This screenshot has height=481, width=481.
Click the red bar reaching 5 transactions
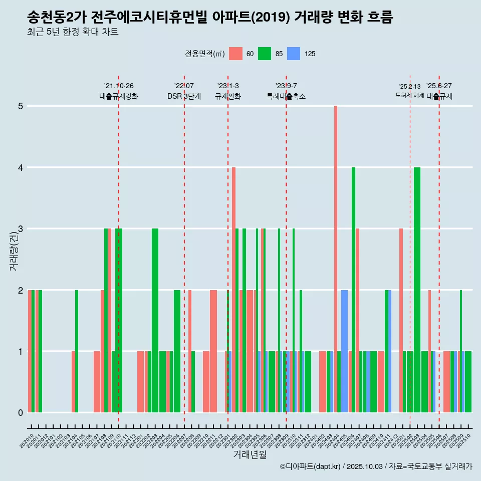tap(336, 259)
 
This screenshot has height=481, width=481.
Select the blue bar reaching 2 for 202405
tap(344, 351)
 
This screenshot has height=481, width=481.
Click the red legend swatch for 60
tap(235, 54)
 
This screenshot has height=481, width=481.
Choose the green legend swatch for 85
tap(265, 54)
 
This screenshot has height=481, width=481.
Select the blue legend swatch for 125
tap(294, 54)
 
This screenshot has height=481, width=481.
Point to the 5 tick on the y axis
tap(21, 106)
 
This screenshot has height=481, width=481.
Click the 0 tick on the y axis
tap(21, 413)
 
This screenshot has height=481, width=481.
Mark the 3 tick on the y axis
tap(21, 229)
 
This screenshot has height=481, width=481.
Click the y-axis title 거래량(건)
tap(14, 251)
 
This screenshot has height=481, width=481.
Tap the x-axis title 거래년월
tap(250, 454)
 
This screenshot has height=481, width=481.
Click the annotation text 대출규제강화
tap(119, 96)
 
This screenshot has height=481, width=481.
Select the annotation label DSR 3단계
tap(184, 96)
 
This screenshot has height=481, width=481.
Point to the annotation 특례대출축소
tap(286, 96)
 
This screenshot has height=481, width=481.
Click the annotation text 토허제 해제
tap(409, 95)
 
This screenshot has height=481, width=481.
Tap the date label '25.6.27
tap(439, 86)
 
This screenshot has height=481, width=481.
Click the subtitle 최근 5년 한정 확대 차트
tap(73, 33)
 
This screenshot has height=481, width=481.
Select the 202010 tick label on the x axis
tap(27, 441)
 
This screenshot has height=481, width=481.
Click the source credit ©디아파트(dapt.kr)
tap(311, 466)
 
